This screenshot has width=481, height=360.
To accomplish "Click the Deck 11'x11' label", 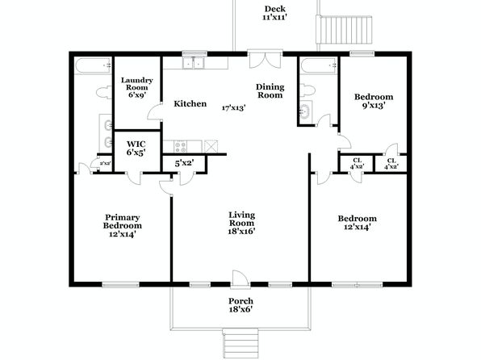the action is tap(275, 13).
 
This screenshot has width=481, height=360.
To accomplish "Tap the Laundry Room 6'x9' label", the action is tap(137, 87).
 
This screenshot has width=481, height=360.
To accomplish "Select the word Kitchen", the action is tap(190, 104).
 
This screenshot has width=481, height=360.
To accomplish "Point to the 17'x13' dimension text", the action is tap(234, 107).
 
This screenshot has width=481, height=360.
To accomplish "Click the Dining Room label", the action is tap(270, 91).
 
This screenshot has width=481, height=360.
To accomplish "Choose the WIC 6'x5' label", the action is tap(136, 149).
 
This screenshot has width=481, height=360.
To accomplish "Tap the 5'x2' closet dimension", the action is tap(184, 163).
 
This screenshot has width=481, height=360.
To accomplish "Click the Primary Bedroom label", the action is tap(123, 226).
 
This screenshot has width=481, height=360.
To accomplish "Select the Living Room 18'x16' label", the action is tap(242, 223).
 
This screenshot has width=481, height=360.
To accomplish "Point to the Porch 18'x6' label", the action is tap(240, 305).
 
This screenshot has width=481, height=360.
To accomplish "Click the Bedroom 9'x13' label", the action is tap(374, 101).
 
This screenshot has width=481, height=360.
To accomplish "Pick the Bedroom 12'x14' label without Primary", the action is tap(358, 223).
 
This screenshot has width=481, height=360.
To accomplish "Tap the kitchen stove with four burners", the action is tap(180, 146).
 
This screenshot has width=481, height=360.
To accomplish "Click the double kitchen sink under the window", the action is tap(193, 63).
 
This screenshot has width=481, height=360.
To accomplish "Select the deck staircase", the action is tap(345, 30).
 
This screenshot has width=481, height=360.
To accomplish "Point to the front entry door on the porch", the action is tap(240, 279).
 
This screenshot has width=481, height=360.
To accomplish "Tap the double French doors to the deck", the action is tap(265, 60).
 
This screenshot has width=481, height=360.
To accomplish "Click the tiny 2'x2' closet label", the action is tap(105, 163).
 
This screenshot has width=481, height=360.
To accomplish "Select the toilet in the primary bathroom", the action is tap(103, 92).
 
